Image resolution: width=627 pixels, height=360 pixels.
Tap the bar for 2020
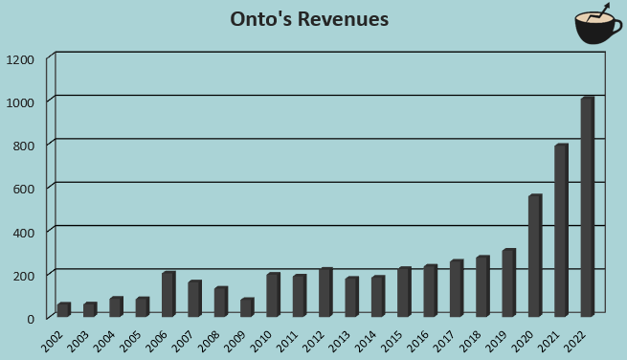pyautogui.click(x=534, y=256)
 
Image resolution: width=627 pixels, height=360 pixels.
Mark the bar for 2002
pyautogui.click(x=63, y=309)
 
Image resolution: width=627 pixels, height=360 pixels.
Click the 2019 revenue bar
pyautogui.click(x=508, y=282)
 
